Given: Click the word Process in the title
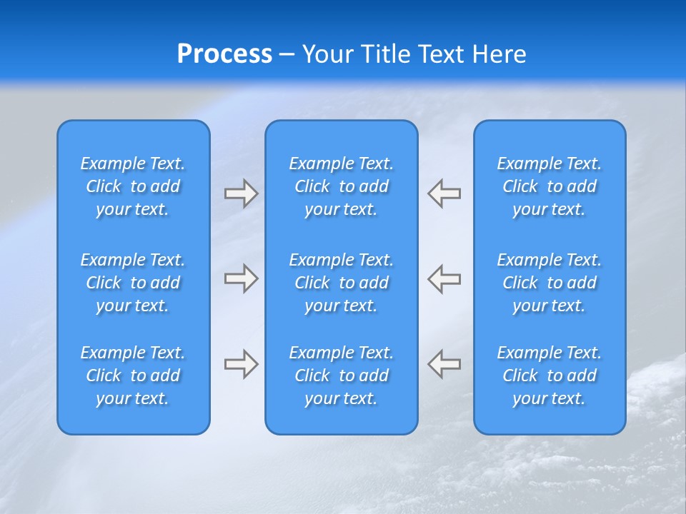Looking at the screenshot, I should (224, 54).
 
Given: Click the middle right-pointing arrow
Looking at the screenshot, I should (242, 278).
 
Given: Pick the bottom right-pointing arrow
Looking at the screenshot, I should (242, 364).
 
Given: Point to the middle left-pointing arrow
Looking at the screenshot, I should (444, 278).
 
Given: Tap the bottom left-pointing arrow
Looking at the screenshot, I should (444, 364).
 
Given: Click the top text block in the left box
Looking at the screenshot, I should (133, 186).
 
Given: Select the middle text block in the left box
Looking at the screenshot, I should (133, 283).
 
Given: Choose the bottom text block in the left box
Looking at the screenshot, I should (133, 376).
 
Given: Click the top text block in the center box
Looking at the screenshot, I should (341, 186).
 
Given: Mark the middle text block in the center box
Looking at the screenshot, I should (341, 283).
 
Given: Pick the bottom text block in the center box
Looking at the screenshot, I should (341, 376).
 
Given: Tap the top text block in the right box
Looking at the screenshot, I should (549, 186).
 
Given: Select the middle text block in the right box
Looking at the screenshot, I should (549, 283).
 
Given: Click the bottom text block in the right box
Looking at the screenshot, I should (549, 376).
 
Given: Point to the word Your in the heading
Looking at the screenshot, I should (328, 54).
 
